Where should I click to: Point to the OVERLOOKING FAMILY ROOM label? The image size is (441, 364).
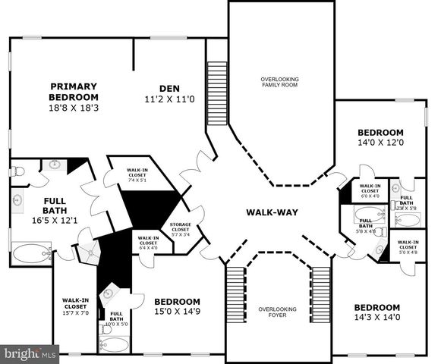[x=280, y=83]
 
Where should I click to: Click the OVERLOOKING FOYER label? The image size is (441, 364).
[x=282, y=312]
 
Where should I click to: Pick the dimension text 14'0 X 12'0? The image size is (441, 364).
[x=380, y=142]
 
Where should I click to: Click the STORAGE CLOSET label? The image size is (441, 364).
[x=180, y=228]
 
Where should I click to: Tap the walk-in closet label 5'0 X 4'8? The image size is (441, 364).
[x=408, y=247]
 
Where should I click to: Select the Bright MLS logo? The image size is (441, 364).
[x=30, y=353]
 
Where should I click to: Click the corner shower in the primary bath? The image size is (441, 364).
[x=90, y=253]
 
